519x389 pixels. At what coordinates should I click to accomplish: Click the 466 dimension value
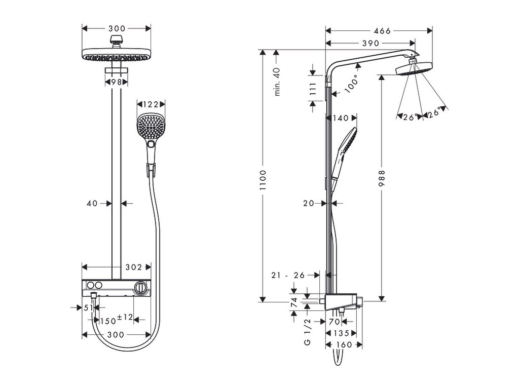[379, 31]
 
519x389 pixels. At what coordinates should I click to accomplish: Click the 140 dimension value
[341, 118]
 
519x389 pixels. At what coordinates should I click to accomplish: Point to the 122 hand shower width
[151, 104]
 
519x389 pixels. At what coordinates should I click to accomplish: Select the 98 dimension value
[117, 82]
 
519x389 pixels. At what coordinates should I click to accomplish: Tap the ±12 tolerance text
[125, 317]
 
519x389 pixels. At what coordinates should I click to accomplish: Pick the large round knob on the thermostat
[141, 288]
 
